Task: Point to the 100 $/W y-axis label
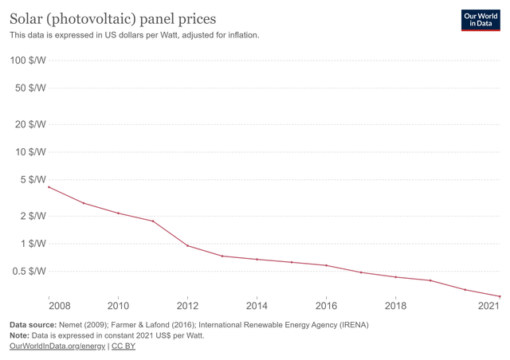click(27, 61)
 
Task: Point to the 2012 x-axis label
click(188, 306)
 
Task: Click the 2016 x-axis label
click(327, 306)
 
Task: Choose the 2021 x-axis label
click(488, 306)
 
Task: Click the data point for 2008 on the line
click(49, 187)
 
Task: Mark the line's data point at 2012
click(188, 245)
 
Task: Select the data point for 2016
click(327, 265)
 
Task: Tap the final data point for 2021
click(500, 296)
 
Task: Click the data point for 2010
click(119, 213)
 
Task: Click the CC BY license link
click(124, 346)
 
